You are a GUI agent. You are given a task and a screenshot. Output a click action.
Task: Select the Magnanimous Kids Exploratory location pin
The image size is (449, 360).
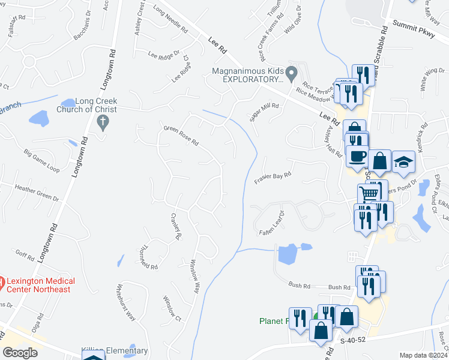tap(292, 74)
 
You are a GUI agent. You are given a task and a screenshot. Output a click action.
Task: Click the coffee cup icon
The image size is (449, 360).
tap(357, 156)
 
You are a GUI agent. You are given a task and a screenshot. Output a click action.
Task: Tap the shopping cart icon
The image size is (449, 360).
tap(368, 193)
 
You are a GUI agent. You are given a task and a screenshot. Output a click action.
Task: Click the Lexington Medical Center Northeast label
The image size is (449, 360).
tap(40, 285)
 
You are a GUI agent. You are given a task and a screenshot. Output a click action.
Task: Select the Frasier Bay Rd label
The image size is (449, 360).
tap(273, 176)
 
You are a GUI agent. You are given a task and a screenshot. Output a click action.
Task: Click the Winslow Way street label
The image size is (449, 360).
tap(194, 275)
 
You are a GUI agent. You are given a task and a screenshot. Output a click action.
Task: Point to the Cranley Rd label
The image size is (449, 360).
tap(176, 226)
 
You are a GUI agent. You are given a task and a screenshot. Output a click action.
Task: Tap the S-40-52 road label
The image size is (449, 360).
tap(352, 341)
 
